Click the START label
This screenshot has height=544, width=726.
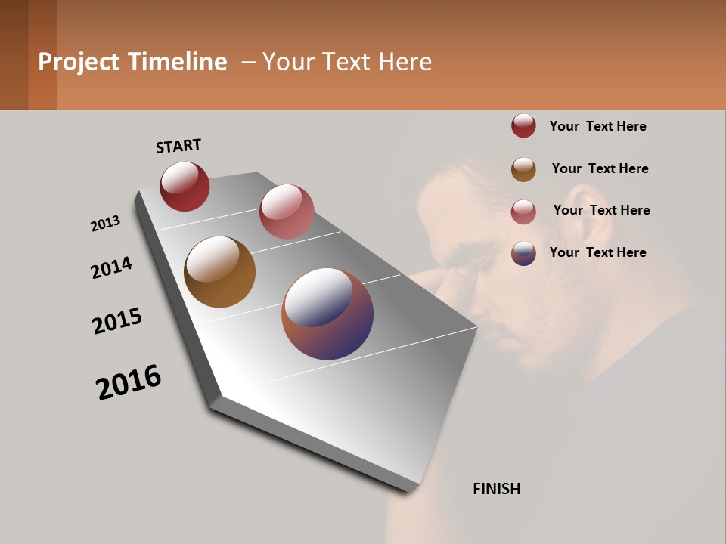pos(178,146)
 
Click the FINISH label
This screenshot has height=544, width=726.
pos(496,489)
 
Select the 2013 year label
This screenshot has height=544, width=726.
pos(106,224)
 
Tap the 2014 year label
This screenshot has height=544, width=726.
pos(111,267)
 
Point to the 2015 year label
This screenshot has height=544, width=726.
pos(117,320)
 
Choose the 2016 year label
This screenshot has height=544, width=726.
pos(129,382)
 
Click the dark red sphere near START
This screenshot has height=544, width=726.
pos(185,187)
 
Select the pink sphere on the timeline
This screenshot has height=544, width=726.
pos(287,212)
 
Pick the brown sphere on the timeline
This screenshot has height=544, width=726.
pos(219,272)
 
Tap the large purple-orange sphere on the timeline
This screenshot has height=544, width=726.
pos(327,314)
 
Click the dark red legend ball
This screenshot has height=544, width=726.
pos(523,126)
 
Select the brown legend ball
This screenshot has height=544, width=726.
pos(523,169)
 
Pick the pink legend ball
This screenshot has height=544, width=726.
pos(523,212)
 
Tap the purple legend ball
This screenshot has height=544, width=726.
pos(523,253)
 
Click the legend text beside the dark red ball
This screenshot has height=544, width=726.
pos(597,126)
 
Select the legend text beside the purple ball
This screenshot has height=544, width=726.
pos(597,252)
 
